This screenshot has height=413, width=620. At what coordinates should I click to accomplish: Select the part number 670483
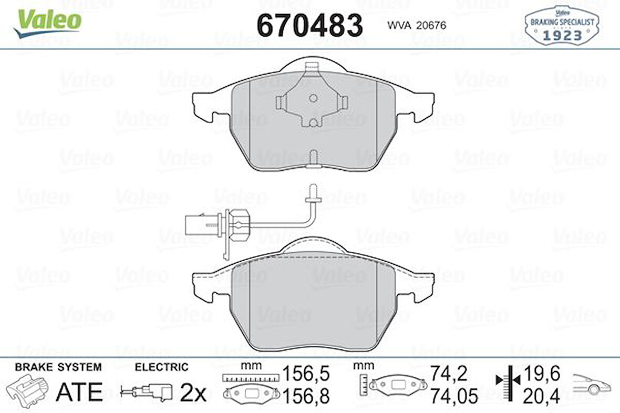click(309, 25)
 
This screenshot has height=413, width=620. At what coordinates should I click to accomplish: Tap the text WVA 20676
click(416, 25)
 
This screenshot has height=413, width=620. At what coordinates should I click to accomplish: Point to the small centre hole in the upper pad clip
click(313, 98)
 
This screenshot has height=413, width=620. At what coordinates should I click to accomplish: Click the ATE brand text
click(79, 391)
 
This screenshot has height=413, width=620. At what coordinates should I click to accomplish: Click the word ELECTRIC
click(161, 367)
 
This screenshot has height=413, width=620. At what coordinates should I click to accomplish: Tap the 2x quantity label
click(193, 393)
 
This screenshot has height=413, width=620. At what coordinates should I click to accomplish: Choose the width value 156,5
click(306, 374)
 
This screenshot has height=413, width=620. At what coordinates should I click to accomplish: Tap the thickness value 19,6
click(541, 373)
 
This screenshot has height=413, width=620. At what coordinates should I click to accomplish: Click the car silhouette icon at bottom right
click(593, 385)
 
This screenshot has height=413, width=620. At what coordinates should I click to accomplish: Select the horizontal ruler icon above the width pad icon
click(250, 377)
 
